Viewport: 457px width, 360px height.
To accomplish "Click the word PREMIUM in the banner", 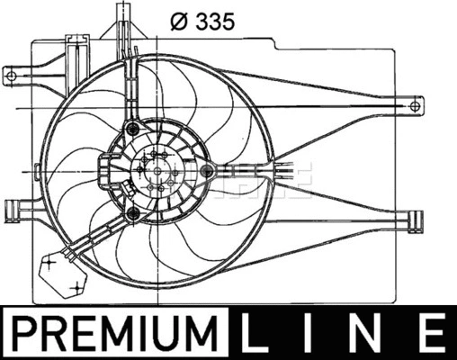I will (x=120, y=333).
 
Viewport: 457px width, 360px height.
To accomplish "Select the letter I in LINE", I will (x=312, y=333).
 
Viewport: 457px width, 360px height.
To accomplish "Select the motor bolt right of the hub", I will (x=206, y=169).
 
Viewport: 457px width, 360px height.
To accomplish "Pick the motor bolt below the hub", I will (x=134, y=212).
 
